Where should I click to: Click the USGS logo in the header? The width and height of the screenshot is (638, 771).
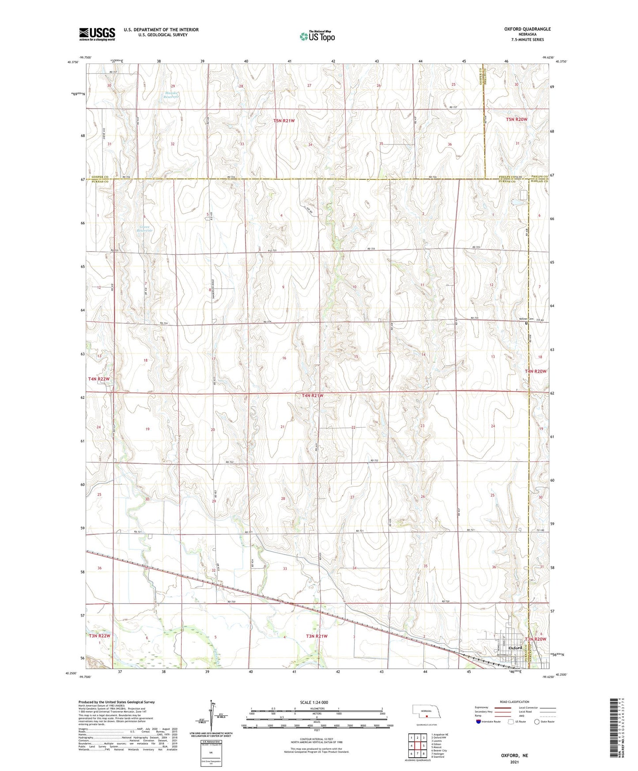pos(97,34)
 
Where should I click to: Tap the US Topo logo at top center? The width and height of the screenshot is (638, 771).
pos(317,36)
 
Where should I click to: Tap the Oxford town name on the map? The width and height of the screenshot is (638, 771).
pos(515,648)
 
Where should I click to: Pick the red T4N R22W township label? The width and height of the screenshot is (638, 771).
pos(98,379)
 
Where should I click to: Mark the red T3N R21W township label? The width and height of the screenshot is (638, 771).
pos(317,636)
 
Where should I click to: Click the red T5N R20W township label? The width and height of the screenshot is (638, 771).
pos(517,120)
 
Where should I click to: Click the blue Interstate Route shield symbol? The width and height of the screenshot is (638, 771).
pos(479,722)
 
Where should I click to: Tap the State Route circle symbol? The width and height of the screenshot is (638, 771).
pos(536,722)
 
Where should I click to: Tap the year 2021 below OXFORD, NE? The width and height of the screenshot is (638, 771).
pos(514,762)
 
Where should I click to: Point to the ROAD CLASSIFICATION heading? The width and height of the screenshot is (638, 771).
pos(514,702)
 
